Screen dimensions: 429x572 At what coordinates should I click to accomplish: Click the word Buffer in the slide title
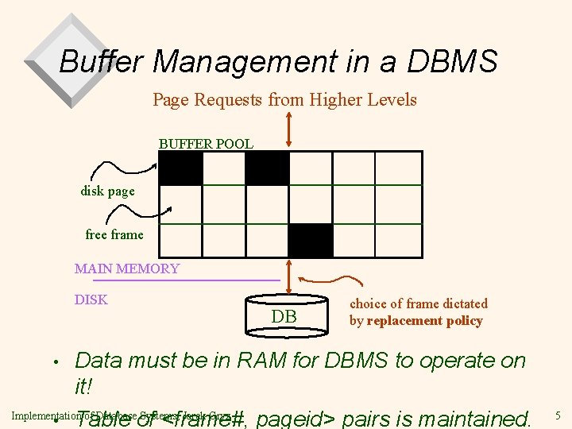pos(97,61)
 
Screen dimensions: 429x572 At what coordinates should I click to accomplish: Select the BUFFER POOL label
pos(206,144)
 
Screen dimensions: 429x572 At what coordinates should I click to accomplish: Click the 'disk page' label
pos(107,191)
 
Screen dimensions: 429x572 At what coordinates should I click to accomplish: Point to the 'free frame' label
pos(114,234)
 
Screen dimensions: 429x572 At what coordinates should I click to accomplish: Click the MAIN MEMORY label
pos(127,269)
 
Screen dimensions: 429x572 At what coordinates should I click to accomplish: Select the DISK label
pos(91,300)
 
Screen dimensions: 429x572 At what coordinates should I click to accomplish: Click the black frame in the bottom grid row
pos(310,240)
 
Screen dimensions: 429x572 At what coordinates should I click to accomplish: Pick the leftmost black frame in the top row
pos(181,168)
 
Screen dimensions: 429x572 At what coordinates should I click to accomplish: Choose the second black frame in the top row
pos(267,168)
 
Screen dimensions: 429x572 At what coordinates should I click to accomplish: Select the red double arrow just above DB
pos(288,278)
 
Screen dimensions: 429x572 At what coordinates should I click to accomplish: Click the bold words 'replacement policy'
pos(424,321)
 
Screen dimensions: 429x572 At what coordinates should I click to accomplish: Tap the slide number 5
pos(558,415)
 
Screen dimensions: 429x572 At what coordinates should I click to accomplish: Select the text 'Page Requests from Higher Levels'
pos(284,100)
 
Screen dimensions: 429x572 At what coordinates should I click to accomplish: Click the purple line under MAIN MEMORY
pos(187,280)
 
